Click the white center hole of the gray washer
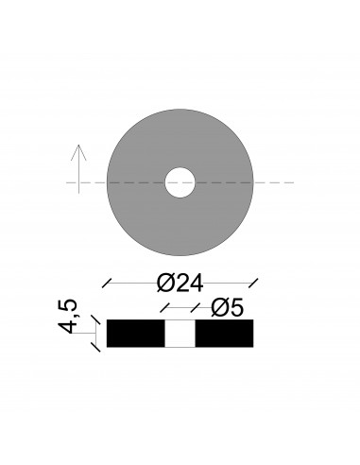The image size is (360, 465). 180,181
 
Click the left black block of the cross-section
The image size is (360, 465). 136,334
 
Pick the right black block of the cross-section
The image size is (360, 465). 224,334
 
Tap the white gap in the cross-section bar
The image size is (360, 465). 180,334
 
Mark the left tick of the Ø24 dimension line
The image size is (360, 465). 107,282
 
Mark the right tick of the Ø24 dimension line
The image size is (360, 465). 252,282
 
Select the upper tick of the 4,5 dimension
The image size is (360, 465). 95,321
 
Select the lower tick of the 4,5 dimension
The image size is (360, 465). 95,346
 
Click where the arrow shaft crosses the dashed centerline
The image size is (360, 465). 79,181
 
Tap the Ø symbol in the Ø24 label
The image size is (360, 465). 162,282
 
